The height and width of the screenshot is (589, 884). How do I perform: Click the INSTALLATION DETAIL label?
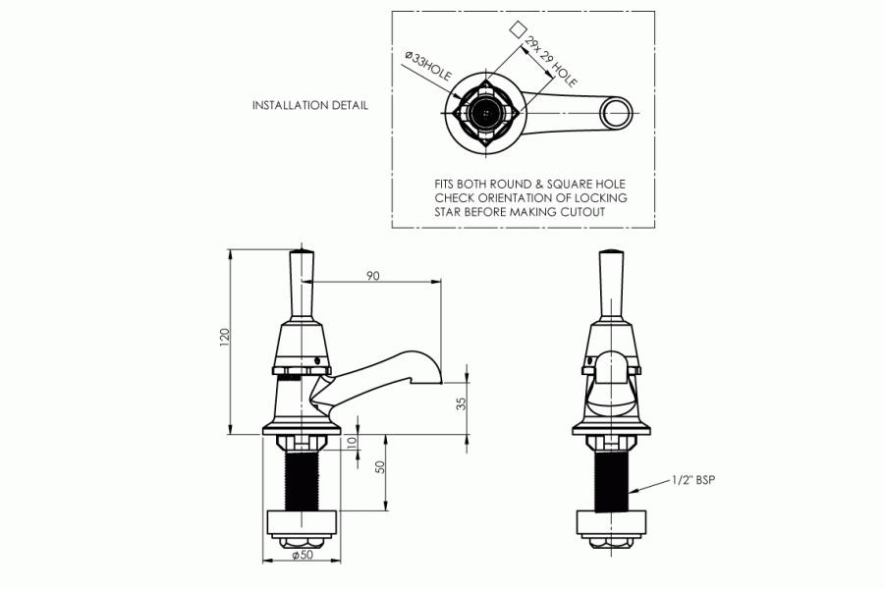pos(310,106)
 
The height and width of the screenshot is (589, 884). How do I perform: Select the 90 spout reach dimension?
pos(372,276)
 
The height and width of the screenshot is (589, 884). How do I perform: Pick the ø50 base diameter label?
pos(304,557)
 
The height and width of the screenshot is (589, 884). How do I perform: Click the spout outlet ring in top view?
pos(616,112)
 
